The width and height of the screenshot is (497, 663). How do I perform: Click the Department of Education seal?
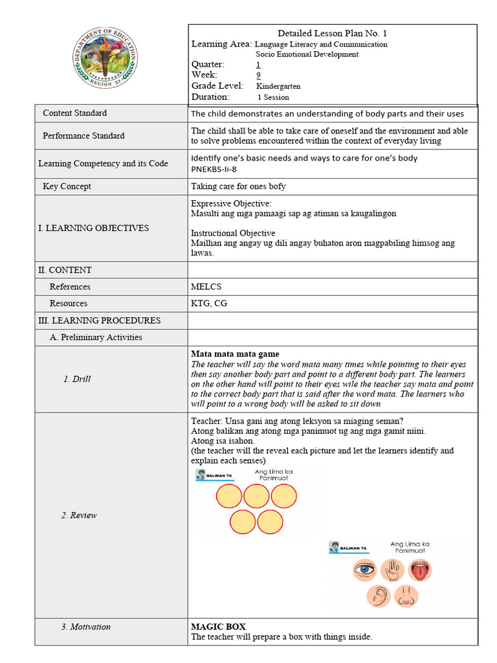coord(104,62)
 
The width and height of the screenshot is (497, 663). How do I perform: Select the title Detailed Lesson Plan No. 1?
coord(332,33)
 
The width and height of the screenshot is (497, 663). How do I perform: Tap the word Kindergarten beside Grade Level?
coord(278,86)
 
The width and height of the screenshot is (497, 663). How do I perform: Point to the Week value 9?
coord(258,75)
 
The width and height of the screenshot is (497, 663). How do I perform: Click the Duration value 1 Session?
coord(273,97)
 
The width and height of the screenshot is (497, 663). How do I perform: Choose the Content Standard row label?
coord(74,113)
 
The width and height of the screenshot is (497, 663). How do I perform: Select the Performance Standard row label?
coord(83,136)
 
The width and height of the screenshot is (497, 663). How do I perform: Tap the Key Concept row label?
coord(67,186)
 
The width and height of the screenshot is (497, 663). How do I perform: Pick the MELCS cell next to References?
coord(206,287)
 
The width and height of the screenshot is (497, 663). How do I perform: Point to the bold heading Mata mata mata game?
coord(235,354)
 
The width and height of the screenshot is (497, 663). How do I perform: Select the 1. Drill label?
coord(77,379)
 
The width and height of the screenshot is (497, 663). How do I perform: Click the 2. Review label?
coord(79,515)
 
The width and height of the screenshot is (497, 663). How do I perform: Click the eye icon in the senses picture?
coord(364,570)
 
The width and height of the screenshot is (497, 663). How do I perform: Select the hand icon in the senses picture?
coord(393,570)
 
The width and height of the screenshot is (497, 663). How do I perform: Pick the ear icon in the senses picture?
coord(378,596)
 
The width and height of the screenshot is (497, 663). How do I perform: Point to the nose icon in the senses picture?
coord(406,596)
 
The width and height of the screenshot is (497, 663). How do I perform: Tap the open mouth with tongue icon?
coord(421,570)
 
